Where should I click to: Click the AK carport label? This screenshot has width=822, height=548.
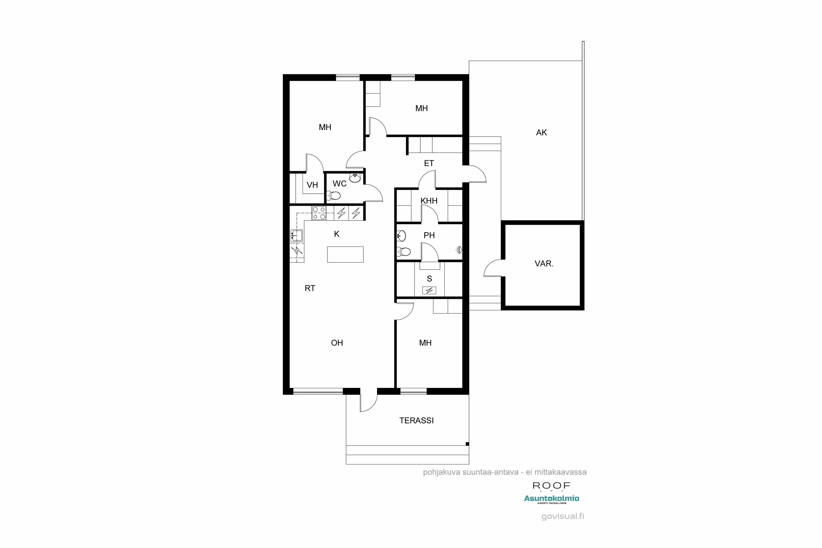541,132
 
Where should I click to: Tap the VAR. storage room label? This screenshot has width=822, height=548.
544,264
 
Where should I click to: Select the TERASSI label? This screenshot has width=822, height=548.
416,420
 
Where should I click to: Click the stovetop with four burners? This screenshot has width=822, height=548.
319,213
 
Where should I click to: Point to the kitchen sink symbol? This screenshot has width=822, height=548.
296,236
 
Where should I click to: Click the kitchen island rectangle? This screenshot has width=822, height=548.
345,255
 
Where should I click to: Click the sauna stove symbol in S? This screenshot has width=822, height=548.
429,290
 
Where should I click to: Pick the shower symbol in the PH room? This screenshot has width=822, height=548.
459,250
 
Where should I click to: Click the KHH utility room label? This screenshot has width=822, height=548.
429,201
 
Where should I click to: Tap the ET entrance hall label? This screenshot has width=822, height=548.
429,163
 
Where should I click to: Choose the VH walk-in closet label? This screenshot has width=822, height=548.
312,185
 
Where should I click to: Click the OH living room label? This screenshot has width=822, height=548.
337,343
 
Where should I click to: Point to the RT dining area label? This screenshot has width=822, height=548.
310,288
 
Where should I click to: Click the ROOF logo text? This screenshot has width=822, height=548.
551,486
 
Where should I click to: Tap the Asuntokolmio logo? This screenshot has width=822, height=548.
552,498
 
